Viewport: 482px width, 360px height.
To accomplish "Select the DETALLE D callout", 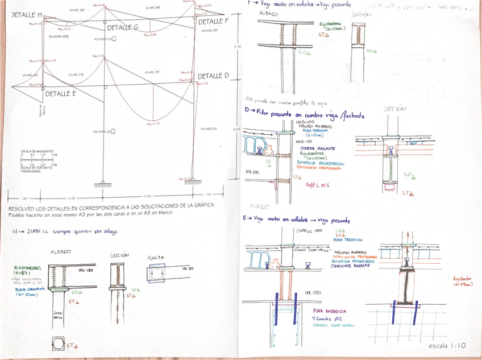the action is (213, 76).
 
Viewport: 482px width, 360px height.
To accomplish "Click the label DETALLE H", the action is (27, 15).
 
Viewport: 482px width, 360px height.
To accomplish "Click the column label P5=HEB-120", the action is (209, 129).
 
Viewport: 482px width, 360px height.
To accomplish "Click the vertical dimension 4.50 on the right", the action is (236, 129).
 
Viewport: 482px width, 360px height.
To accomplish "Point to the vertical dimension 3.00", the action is (237, 47).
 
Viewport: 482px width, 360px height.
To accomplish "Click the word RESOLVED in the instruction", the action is (22, 205).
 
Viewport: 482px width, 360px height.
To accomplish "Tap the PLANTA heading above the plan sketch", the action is (156, 257).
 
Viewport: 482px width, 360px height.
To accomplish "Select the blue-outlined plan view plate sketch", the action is (156, 275).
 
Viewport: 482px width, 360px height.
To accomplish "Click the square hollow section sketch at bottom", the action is (59, 344).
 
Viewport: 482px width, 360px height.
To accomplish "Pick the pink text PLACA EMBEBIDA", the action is (330, 311).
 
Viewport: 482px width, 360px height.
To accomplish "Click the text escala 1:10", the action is (447, 345).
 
